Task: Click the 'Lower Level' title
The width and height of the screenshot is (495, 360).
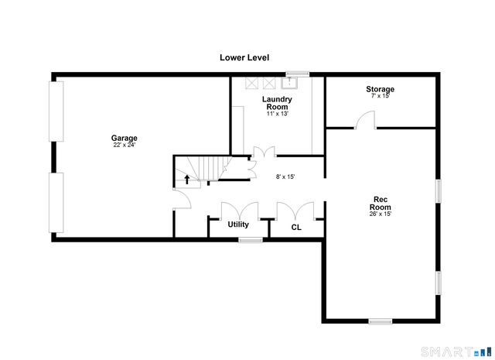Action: pos(244,57)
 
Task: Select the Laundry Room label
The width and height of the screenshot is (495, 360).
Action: pos(276,103)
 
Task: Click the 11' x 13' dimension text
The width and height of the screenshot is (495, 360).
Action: pos(276,114)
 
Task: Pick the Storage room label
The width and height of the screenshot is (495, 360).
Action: pos(380,89)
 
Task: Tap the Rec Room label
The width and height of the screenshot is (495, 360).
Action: pos(380,203)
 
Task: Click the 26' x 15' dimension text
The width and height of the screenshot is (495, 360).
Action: pos(380,214)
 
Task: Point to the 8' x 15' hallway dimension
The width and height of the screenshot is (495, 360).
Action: pos(285,177)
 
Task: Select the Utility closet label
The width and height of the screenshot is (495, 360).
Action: pos(237,225)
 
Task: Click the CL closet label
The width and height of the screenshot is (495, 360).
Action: pos(295,227)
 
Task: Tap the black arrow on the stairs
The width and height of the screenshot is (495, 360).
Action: pos(186,180)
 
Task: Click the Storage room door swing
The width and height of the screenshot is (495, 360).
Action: pos(365,120)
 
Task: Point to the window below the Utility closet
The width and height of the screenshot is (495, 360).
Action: pos(250,240)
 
